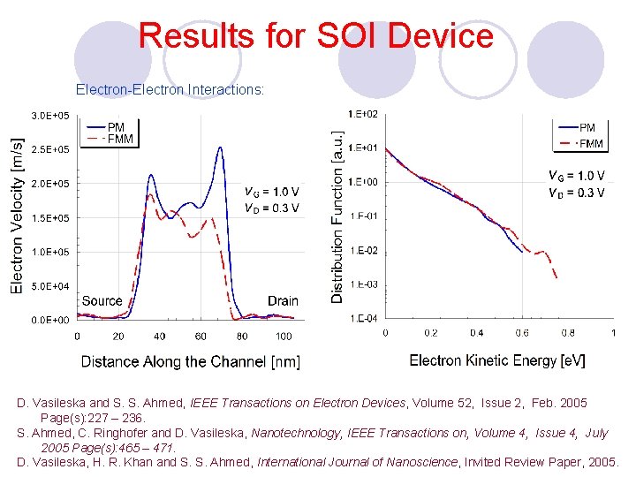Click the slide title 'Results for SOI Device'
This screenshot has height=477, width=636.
(316, 36)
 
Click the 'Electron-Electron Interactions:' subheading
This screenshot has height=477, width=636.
(170, 90)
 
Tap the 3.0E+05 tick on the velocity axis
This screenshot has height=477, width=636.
(51, 116)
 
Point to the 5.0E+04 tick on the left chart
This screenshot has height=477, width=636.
(51, 286)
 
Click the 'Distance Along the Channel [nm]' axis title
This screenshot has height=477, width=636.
(191, 361)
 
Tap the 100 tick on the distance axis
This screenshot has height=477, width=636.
(284, 337)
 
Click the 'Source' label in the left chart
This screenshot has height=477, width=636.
(102, 301)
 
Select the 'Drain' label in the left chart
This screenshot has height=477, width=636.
(283, 301)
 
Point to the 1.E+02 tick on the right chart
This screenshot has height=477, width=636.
(363, 114)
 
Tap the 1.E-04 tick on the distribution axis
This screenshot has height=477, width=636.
(363, 318)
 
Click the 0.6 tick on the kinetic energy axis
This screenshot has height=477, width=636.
(522, 333)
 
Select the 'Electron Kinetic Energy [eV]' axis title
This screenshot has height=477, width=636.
(497, 360)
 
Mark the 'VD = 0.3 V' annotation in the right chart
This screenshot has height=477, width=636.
(576, 193)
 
